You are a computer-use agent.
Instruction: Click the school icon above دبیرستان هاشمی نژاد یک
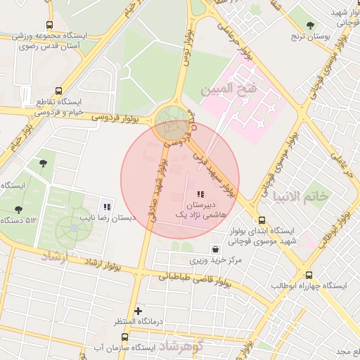point(200,193)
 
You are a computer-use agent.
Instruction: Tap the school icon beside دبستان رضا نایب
point(107,206)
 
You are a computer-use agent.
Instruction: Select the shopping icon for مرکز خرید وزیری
point(214,249)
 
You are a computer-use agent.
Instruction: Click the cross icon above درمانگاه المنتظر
point(138,310)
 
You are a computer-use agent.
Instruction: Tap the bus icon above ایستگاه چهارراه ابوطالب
point(309,275)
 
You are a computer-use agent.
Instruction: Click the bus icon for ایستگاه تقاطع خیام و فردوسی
point(57,91)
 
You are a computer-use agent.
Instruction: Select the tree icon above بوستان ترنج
point(310,25)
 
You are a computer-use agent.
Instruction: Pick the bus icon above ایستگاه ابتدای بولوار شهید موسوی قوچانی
point(262,219)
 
